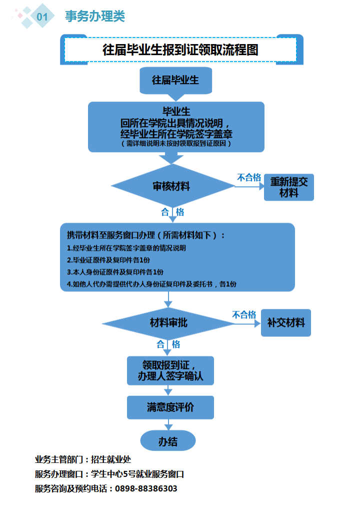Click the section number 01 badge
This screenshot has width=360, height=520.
42,17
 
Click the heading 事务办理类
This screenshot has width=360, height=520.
95,17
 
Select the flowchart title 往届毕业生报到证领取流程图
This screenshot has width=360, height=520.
180,50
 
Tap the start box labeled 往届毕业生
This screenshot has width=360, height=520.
175,80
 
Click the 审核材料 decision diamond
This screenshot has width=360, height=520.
172,186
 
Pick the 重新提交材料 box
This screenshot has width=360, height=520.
288,187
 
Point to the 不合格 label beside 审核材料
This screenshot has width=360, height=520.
248,178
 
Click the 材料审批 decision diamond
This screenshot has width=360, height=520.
169,323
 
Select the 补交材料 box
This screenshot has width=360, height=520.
286,323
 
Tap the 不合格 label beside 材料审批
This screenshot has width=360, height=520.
243,315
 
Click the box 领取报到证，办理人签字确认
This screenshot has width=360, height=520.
170,371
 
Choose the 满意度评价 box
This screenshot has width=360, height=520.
170,407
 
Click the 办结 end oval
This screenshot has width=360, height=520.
168,441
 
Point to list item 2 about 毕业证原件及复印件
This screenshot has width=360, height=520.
108,260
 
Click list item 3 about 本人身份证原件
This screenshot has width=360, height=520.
115,272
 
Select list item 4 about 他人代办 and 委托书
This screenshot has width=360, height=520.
151,284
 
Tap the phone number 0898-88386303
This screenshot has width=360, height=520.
146,488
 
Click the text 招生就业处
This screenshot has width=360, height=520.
111,459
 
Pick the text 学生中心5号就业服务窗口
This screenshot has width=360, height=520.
137,474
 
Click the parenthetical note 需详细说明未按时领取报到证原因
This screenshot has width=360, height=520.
176,144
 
